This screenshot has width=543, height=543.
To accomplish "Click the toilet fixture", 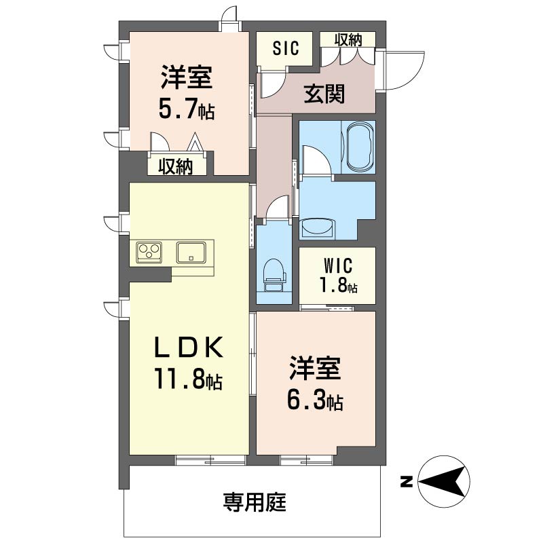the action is click(x=275, y=275).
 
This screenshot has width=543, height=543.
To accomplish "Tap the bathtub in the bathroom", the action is click(x=361, y=146).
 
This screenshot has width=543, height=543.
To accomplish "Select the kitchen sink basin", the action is click(x=191, y=252).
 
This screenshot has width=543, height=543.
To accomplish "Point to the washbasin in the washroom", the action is click(x=318, y=228).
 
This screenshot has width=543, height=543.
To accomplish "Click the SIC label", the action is click(x=285, y=48).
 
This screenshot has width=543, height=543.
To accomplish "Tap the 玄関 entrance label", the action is click(x=324, y=94).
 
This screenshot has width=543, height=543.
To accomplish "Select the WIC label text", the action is click(x=338, y=266).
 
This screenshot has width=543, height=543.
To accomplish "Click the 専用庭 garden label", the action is click(x=255, y=502).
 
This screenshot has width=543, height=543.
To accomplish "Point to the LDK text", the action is click(x=189, y=348).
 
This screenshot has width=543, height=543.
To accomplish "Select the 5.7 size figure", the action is click(x=178, y=109).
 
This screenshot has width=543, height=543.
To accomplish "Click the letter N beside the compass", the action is click(x=407, y=482).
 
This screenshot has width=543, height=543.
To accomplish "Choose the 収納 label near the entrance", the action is click(x=348, y=39).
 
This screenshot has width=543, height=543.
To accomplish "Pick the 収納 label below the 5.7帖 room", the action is click(x=176, y=167).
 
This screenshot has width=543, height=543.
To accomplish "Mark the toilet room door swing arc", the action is click(x=276, y=204).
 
